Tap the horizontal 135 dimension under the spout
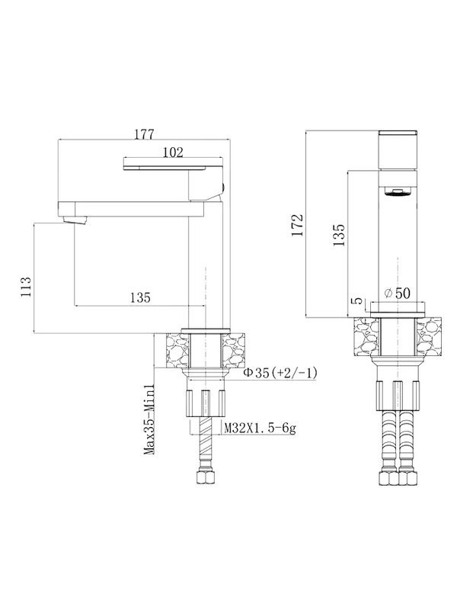pyautogui.click(x=138, y=297)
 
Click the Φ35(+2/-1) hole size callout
pyautogui.click(x=272, y=374)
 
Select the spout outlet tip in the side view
pyautogui.click(x=75, y=220)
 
